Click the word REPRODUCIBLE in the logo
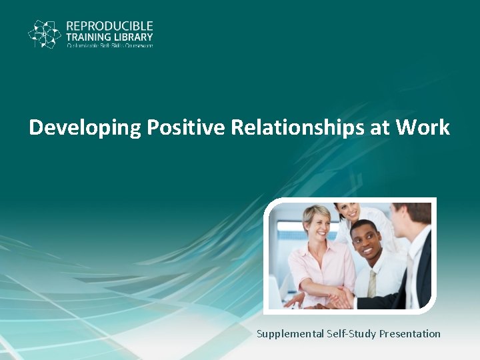pyautogui.click(x=109, y=26)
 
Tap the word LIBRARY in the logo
pyautogui.click(x=133, y=37)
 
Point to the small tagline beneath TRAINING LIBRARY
pyautogui.click(x=109, y=46)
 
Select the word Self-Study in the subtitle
pyautogui.click(x=350, y=333)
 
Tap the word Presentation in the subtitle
pyautogui.click(x=410, y=333)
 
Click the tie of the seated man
pyautogui.click(x=372, y=284)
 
